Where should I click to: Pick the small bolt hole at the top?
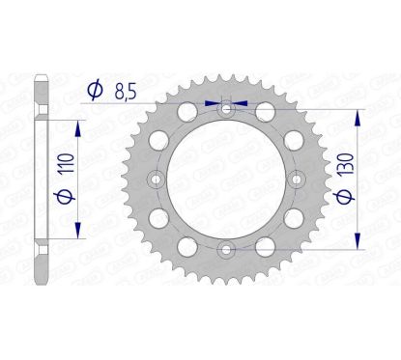tap(225, 110)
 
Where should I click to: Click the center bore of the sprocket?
tap(225, 180)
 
